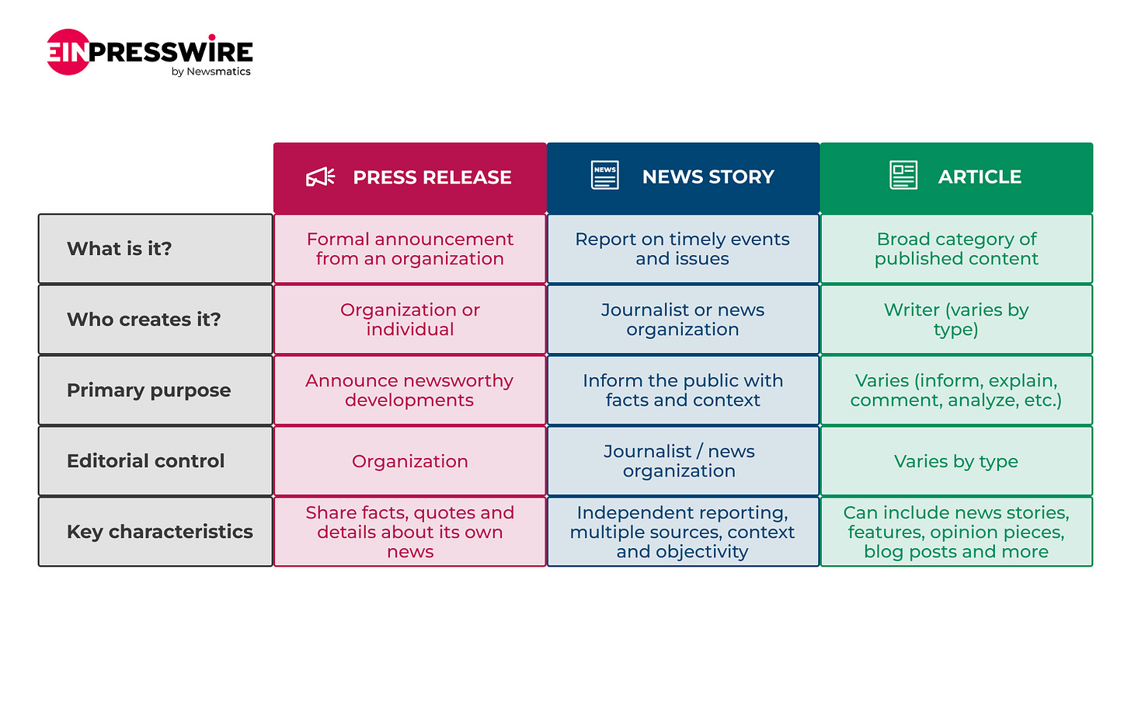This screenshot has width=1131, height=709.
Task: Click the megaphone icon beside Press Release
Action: click(x=320, y=177)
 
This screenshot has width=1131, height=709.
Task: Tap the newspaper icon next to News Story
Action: click(x=605, y=175)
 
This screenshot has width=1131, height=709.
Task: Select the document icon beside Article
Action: click(x=903, y=175)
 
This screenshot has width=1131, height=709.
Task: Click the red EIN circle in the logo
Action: click(x=68, y=52)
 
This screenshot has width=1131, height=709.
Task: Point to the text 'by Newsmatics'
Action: click(x=211, y=72)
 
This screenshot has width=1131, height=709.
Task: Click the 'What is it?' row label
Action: click(x=119, y=249)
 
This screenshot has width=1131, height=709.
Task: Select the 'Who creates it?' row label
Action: click(x=144, y=320)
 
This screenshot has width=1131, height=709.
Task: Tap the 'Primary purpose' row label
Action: click(x=148, y=390)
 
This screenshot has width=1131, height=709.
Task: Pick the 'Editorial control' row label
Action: click(x=145, y=461)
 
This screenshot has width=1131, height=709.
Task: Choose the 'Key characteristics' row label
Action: click(x=159, y=532)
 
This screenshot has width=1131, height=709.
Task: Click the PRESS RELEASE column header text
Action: click(x=432, y=177)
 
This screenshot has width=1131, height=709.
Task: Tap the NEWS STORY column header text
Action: click(x=708, y=177)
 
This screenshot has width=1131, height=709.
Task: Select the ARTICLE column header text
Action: click(x=980, y=177)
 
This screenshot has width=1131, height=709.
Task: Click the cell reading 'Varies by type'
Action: click(x=955, y=461)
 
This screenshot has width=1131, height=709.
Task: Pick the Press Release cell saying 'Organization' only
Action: click(x=410, y=461)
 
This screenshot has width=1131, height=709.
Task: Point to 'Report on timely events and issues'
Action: click(x=682, y=249)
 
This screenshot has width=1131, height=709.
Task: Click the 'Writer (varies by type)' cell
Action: click(x=955, y=320)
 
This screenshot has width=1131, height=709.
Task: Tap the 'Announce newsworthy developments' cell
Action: click(x=409, y=390)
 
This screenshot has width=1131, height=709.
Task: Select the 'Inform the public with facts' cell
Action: click(x=683, y=390)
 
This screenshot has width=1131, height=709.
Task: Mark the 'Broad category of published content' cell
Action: click(x=956, y=249)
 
